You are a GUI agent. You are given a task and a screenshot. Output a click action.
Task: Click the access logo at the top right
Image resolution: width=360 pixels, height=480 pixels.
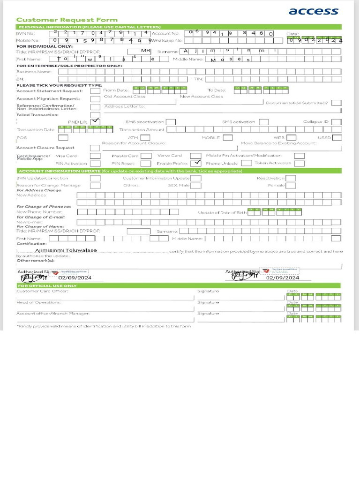(313, 11)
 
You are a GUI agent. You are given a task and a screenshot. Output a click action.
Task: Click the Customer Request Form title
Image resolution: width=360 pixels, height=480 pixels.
(67, 20)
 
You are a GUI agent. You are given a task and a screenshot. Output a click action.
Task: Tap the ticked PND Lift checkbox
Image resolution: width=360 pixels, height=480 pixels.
(95, 121)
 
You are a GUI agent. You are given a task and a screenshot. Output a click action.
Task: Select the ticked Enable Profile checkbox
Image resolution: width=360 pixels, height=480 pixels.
(196, 163)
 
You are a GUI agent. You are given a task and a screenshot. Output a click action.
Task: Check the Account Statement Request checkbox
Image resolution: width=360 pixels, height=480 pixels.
(95, 91)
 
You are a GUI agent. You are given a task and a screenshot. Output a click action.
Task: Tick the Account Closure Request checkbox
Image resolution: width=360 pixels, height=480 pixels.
(95, 148)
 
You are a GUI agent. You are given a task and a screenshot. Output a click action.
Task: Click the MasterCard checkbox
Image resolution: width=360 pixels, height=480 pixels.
(146, 156)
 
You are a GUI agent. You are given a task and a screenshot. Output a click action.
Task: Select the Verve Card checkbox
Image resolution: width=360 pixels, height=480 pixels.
(195, 156)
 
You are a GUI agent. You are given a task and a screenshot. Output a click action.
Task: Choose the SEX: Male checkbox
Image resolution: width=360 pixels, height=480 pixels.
(195, 186)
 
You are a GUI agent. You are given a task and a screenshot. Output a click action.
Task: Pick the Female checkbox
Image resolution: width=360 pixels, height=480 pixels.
(291, 186)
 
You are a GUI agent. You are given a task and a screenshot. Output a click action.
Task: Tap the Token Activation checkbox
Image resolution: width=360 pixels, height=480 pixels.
(299, 164)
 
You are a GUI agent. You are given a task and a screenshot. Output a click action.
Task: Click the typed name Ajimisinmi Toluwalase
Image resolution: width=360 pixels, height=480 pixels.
(66, 250)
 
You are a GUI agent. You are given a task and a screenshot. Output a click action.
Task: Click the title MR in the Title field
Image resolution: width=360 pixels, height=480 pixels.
(146, 51)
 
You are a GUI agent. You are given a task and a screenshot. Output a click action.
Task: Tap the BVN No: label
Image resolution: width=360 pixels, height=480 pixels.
(25, 34)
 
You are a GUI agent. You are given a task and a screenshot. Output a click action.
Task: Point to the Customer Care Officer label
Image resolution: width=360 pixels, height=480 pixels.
(42, 291)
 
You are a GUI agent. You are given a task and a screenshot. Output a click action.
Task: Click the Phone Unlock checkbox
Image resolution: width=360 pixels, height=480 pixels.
(247, 164)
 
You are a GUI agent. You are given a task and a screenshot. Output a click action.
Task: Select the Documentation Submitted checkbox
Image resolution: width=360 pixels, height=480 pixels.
(336, 103)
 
